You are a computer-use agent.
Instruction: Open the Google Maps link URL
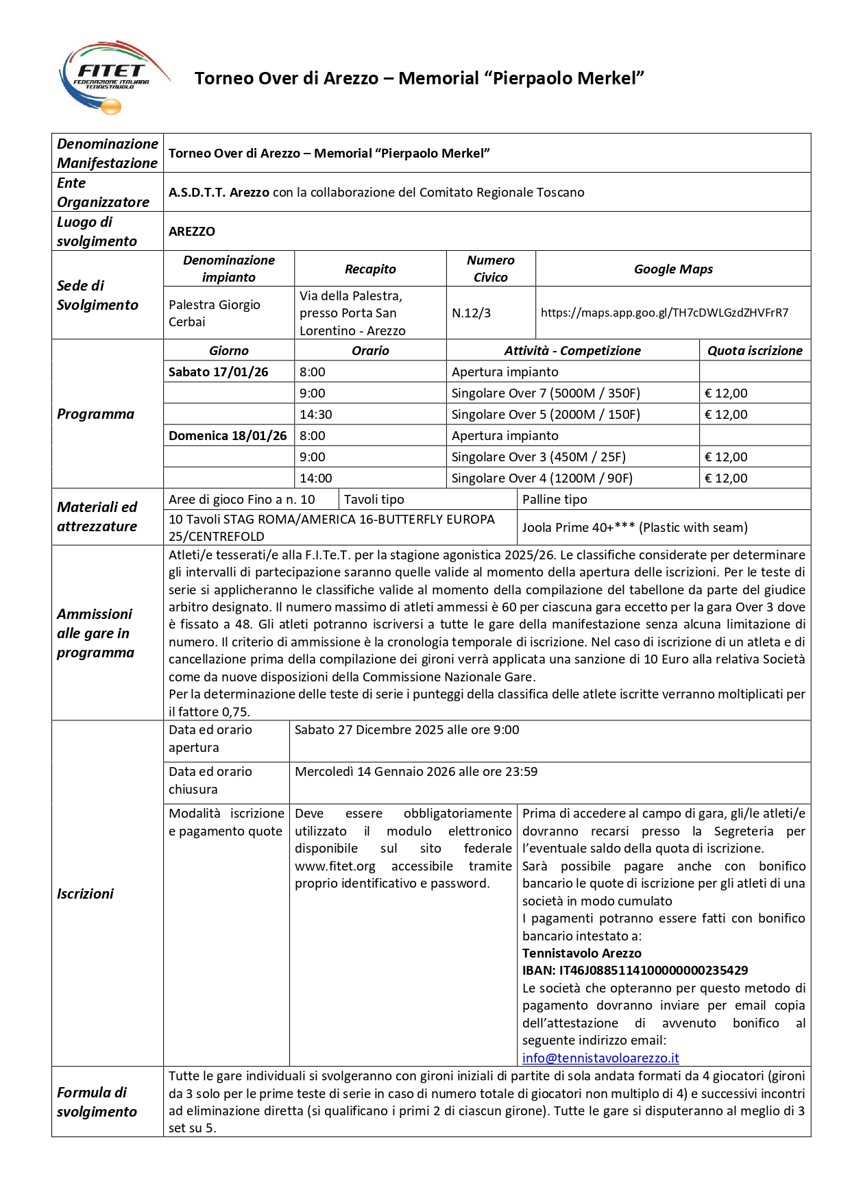coord(664,313)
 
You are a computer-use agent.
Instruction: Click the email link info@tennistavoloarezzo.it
coord(600,1058)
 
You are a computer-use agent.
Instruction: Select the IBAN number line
coord(635,970)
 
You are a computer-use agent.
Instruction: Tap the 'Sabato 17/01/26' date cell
coord(219,372)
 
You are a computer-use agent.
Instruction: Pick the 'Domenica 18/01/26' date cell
coord(228,435)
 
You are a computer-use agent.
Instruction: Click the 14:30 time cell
coord(316,414)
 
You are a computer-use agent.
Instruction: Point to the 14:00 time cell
coord(316,478)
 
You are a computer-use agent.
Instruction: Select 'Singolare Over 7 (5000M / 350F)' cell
coord(546,393)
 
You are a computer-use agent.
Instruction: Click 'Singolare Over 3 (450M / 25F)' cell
coord(538,457)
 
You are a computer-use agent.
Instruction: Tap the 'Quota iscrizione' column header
coord(755,350)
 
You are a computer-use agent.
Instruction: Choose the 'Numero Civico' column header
coord(491,269)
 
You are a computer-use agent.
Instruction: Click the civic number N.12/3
coord(472,313)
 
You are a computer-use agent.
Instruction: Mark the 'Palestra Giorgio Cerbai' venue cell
coord(215,313)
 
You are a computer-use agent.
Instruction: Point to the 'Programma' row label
coord(96,414)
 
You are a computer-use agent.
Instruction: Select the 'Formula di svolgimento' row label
coord(97,1102)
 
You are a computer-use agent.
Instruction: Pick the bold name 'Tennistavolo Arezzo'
coord(582,953)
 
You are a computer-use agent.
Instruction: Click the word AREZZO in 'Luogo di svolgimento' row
coord(192,231)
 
